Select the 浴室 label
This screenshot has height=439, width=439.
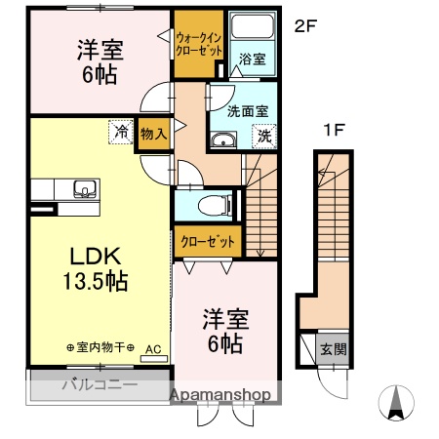(x=250, y=60)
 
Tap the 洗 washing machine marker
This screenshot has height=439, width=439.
(x=263, y=137)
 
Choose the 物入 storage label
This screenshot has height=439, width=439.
(x=153, y=131)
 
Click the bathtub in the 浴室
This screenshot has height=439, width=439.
(x=252, y=28)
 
